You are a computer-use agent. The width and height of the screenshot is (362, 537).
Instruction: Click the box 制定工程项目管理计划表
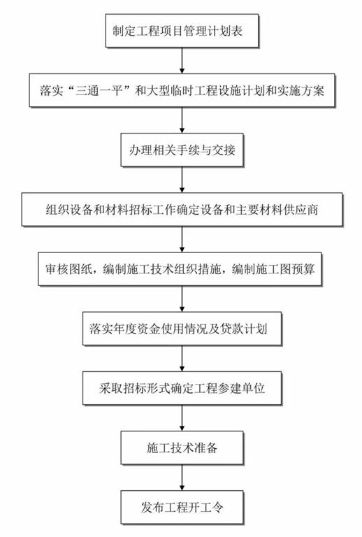click(182, 31)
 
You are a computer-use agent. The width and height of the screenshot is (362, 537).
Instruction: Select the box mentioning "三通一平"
click(182, 90)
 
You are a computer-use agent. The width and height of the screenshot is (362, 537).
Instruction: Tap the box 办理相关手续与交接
click(182, 150)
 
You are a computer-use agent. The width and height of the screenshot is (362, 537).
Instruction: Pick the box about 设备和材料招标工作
click(182, 210)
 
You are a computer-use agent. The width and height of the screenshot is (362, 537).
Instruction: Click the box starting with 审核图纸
click(180, 269)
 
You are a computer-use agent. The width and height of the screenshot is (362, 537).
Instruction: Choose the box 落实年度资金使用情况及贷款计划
click(182, 329)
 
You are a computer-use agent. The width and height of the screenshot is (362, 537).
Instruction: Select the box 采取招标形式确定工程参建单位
click(182, 388)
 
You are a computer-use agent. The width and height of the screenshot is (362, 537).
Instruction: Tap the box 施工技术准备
click(182, 448)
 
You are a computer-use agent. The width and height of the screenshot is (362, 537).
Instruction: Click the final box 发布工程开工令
click(182, 507)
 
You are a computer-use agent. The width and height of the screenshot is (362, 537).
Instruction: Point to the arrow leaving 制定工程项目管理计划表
click(182, 61)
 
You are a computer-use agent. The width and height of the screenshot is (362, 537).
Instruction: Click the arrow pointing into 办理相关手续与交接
click(182, 120)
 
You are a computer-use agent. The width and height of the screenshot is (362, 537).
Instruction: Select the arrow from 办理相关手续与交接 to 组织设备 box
click(182, 180)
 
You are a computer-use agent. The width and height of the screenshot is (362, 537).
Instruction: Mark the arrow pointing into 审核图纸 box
click(182, 239)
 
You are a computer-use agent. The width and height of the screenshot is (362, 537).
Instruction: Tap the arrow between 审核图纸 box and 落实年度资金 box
click(182, 299)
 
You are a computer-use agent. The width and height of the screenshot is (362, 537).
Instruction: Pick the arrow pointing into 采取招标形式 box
click(182, 359)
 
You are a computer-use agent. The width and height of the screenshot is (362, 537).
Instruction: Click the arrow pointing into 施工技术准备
click(182, 418)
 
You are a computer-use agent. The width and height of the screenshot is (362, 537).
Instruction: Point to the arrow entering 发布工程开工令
click(182, 478)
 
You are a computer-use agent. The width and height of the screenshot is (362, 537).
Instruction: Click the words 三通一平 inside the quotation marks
click(99, 91)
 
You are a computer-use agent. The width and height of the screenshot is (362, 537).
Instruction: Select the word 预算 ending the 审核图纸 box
click(303, 269)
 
